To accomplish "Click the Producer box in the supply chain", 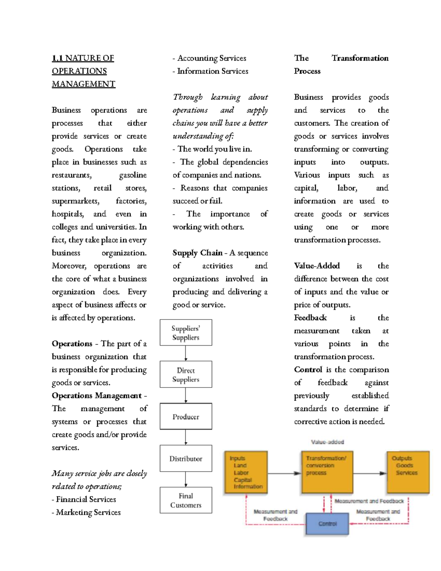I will [x=186, y=416].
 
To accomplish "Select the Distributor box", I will [x=186, y=458].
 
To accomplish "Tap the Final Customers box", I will [x=186, y=500].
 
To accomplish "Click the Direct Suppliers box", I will [x=186, y=374].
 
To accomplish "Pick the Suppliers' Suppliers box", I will [x=186, y=332].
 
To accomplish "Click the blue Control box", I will [x=327, y=524].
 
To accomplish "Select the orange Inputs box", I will [x=246, y=472].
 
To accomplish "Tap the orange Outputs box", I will [x=408, y=472].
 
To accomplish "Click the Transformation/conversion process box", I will [x=327, y=472].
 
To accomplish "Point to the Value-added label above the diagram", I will [x=327, y=442].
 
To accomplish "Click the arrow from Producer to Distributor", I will [x=186, y=437].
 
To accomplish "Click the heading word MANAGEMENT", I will [x=83, y=84].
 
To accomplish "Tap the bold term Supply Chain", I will [x=197, y=253].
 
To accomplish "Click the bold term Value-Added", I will [x=316, y=265].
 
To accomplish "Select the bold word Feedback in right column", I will [x=310, y=317].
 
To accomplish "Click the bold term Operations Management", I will [x=97, y=395].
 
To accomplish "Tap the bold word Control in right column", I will [x=308, y=370].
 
